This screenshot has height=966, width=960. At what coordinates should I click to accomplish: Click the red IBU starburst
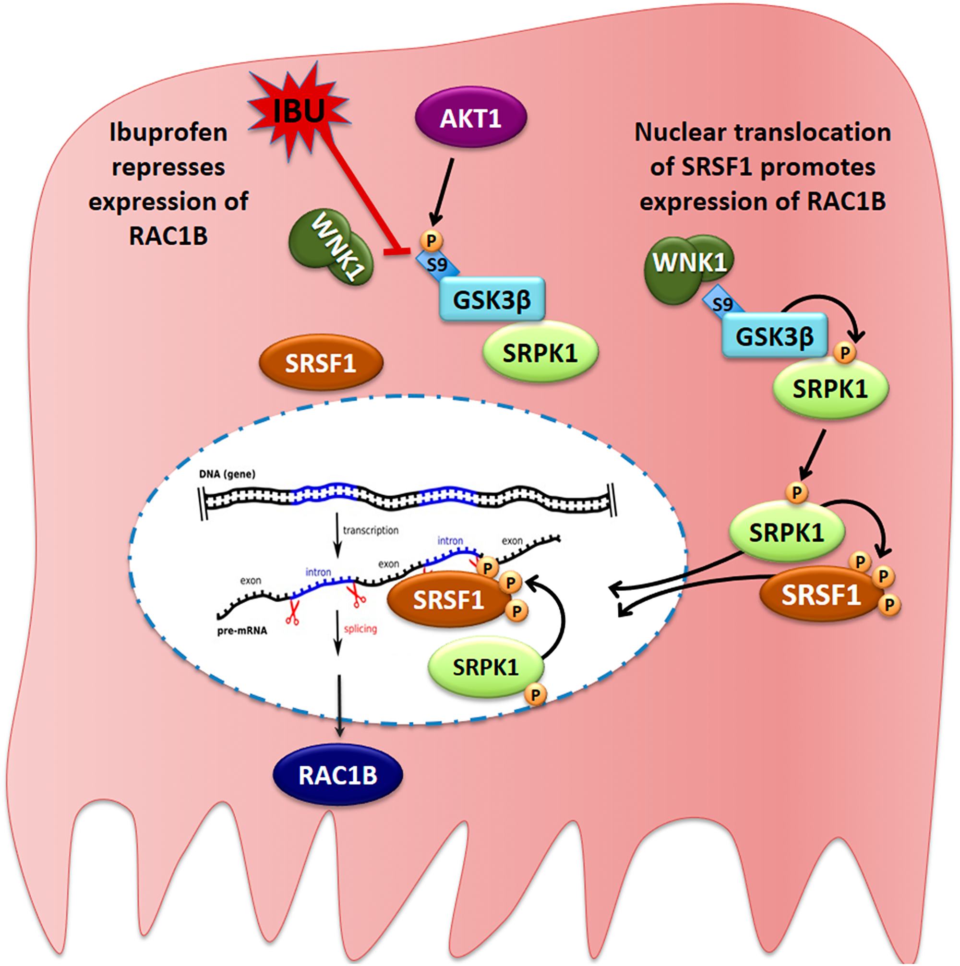pyautogui.click(x=299, y=111)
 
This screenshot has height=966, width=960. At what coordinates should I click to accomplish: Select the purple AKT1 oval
pyautogui.click(x=470, y=119)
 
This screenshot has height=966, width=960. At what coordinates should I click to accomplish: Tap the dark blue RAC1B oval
pyautogui.click(x=337, y=775)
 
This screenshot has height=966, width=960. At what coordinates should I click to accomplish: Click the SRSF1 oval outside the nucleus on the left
pyautogui.click(x=321, y=363)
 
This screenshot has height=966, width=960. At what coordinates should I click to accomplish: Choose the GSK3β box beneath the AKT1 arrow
pyautogui.click(x=492, y=299)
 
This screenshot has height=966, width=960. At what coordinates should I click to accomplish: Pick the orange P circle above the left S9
pyautogui.click(x=431, y=240)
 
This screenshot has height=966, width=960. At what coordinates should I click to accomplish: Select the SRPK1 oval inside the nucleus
pyautogui.click(x=485, y=667)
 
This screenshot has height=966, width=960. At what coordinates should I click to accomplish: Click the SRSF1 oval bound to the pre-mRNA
pyautogui.click(x=448, y=599)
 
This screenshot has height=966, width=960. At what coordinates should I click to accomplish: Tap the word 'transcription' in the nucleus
pyautogui.click(x=371, y=530)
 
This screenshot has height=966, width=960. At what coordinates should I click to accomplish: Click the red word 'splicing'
pyautogui.click(x=360, y=629)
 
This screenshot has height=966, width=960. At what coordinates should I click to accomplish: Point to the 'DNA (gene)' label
pyautogui.click(x=227, y=474)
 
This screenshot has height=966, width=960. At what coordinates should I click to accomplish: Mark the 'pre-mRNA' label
pyautogui.click(x=242, y=631)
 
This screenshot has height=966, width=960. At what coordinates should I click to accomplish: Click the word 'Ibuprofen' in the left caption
pyautogui.click(x=168, y=132)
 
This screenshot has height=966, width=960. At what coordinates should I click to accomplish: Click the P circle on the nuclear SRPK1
pyautogui.click(x=536, y=694)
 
